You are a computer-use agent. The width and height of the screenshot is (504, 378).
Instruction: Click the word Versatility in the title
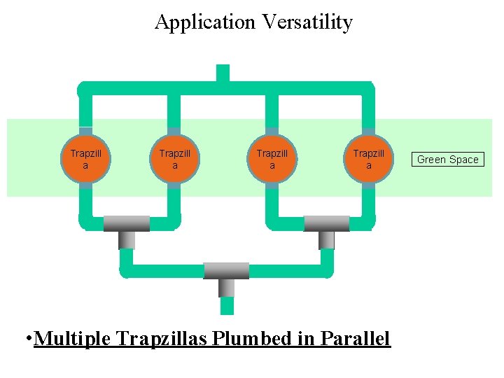(x=307, y=22)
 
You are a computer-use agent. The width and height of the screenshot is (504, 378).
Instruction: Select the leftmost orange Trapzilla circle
(x=85, y=159)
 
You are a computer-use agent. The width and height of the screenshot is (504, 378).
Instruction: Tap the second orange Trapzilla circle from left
(x=174, y=159)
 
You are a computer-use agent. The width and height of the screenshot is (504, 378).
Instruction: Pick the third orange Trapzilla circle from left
(x=272, y=159)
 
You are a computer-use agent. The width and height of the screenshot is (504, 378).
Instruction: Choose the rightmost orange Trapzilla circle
(x=368, y=159)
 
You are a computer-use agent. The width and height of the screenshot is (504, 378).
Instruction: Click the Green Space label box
(x=447, y=160)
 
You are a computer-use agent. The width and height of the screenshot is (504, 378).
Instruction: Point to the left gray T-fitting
(x=127, y=225)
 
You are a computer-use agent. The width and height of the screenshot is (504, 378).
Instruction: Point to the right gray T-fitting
(x=326, y=225)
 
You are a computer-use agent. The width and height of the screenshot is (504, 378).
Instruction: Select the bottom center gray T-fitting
(x=226, y=272)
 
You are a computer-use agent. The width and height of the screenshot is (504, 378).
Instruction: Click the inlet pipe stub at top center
(x=223, y=73)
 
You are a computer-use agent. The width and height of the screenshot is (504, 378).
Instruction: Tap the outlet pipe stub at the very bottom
(x=227, y=306)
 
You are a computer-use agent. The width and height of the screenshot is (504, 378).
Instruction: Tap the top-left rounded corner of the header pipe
(x=83, y=89)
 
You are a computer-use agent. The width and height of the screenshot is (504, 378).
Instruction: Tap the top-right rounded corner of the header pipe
(x=369, y=89)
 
